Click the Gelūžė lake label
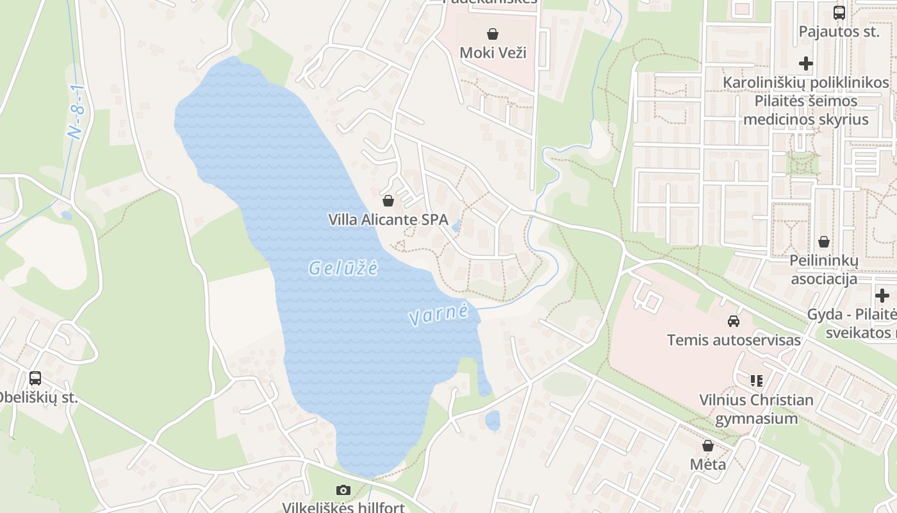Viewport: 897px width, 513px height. point(343,268)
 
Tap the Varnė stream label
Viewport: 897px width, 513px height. point(438,315)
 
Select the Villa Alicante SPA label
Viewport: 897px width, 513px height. point(388,219)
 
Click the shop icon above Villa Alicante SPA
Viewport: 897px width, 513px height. point(388,201)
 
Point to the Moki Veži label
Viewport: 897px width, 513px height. point(493,52)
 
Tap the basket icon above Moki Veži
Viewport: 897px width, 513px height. point(493,33)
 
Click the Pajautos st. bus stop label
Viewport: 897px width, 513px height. point(839,31)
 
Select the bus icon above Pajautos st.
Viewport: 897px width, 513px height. point(839,12)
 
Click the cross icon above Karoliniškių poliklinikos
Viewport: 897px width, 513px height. point(806,63)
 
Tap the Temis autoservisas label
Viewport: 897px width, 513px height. point(734,340)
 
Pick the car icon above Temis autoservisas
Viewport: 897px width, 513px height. point(734,321)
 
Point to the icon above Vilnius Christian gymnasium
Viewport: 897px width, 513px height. point(757,381)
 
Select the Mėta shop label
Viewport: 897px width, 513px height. point(708,464)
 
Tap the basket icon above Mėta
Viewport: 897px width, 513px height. point(708,446)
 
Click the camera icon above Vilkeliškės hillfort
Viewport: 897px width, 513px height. point(343,491)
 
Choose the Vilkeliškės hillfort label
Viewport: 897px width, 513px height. point(343,507)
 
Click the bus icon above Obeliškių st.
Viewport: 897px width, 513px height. point(35,378)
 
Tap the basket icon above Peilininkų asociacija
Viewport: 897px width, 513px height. point(824,242)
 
